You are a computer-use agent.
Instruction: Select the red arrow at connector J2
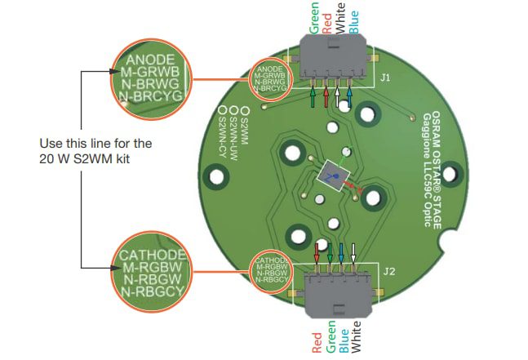coord(317,251)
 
